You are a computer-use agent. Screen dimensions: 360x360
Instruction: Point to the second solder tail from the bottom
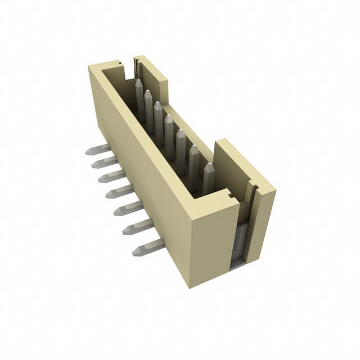(x=135, y=227)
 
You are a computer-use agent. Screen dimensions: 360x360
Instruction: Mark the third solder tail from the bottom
(x=125, y=209)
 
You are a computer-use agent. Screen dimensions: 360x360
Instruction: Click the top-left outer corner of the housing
(x=89, y=66)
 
